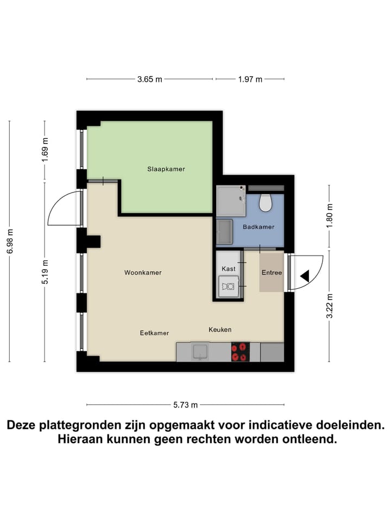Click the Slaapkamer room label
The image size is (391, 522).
pos(166,169)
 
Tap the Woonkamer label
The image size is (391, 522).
pos(143,273)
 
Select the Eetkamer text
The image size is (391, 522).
pos(154,333)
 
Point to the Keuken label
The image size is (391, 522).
pos(220,330)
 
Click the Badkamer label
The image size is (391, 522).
pos(258,227)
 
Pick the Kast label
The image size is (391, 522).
pos(228,269)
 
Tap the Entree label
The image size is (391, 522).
pos(272,272)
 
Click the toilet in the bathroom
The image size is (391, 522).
pos(266,202)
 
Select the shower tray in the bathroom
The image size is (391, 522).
pos(231,201)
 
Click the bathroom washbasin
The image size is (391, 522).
pos(224,232)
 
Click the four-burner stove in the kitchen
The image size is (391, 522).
pos(240,352)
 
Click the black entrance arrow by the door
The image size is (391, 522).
pos(305,276)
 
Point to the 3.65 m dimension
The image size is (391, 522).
pos(149,79)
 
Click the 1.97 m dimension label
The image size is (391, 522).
pos(250,79)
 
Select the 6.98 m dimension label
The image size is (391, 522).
pos(10,241)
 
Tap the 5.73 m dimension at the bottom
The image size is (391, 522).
pos(185,405)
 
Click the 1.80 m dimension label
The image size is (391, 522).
pos(329,215)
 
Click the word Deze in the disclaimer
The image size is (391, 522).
pos(25,425)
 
